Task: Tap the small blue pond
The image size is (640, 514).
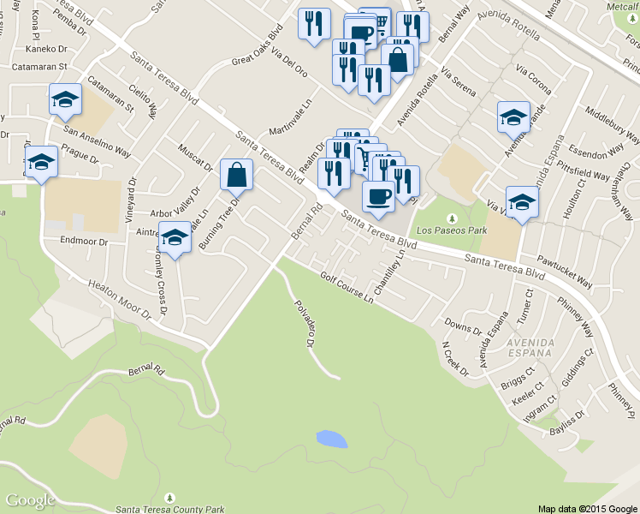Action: [332, 439]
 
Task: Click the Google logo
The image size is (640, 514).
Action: [30, 500]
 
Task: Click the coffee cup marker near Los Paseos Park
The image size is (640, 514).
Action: [378, 196]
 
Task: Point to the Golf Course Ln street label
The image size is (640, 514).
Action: [347, 288]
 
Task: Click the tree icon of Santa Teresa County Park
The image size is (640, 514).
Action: [170, 497]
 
